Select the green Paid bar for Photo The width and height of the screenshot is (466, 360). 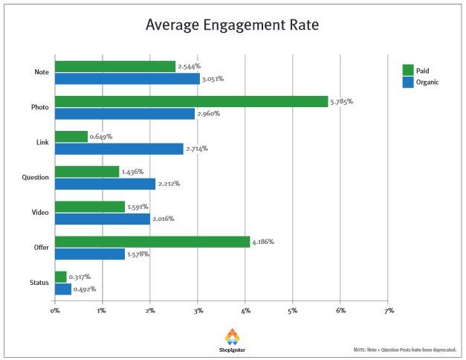click(191, 101)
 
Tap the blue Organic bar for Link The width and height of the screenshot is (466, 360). click(119, 149)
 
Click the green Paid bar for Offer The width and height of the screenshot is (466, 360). click(152, 242)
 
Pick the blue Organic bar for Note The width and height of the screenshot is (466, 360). click(127, 79)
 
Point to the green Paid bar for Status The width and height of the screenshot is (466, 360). click(60, 277)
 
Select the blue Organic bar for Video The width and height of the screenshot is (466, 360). click(103, 219)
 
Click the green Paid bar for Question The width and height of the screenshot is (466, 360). click(87, 172)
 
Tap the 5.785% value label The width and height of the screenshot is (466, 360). click(342, 100)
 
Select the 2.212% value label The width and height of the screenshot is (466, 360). click(170, 183)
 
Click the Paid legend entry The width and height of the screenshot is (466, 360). click(418, 70)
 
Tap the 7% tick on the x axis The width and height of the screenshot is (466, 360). click(388, 309)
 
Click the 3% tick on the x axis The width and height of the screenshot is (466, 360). click(198, 309)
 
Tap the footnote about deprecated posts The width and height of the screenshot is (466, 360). click(405, 349)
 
